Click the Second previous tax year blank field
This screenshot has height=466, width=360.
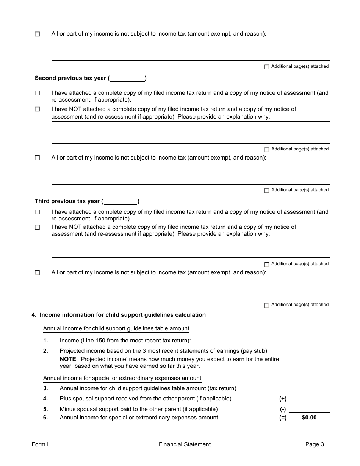click(x=127, y=78)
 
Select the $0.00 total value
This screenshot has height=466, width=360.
click(x=309, y=418)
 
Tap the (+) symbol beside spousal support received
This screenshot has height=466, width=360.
click(x=283, y=399)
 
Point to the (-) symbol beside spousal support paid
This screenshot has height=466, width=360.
click(x=283, y=409)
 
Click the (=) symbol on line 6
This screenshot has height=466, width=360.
click(x=283, y=418)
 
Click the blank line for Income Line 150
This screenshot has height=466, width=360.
click(x=309, y=341)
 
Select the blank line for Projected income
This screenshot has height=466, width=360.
click(x=309, y=351)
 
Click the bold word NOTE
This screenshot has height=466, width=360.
click(x=68, y=359)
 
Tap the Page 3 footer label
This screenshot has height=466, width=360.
click(x=315, y=445)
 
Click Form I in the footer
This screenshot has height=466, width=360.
click(x=40, y=445)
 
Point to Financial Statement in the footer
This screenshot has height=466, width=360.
click(x=185, y=445)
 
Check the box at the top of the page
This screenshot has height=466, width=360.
click(x=37, y=34)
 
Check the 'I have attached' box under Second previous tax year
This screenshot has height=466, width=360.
click(x=37, y=93)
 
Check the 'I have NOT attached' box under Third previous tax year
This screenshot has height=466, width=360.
click(x=37, y=227)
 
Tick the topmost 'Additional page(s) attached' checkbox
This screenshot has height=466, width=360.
click(x=266, y=67)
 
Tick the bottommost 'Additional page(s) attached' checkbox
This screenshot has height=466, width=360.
click(x=266, y=305)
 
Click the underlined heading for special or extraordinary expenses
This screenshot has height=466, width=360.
click(x=122, y=378)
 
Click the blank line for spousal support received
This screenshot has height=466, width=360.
click(x=309, y=399)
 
